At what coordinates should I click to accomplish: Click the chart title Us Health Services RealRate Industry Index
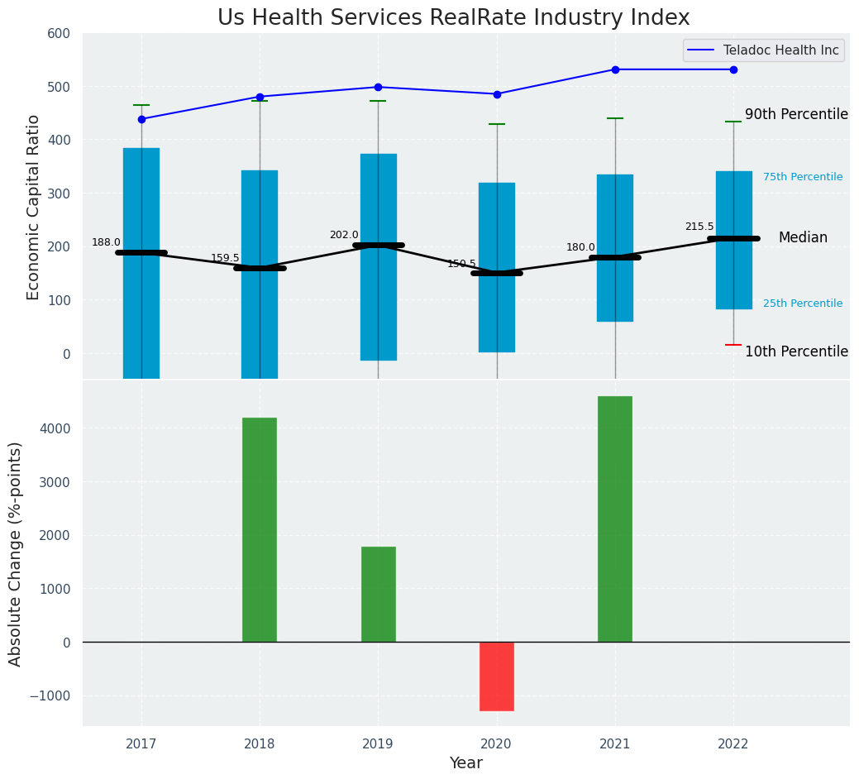[453, 18]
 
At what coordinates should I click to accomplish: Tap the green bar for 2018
[260, 529]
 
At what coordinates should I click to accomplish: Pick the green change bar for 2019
[378, 594]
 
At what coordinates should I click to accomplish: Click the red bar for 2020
[497, 676]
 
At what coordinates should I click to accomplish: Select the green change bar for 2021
[615, 519]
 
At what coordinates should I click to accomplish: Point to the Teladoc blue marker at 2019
[378, 87]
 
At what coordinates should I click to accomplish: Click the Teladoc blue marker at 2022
[733, 69]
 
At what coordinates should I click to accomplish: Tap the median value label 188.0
[106, 242]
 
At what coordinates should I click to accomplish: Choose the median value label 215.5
[699, 227]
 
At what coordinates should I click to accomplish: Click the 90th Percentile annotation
[796, 114]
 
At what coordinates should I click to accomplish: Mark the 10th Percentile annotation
[796, 351]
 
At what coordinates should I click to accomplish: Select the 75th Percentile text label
[803, 177]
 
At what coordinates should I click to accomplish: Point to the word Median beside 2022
[803, 237]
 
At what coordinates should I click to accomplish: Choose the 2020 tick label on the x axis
[497, 744]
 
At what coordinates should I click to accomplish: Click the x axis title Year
[465, 763]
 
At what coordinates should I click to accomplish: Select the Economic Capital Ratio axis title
[34, 207]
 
